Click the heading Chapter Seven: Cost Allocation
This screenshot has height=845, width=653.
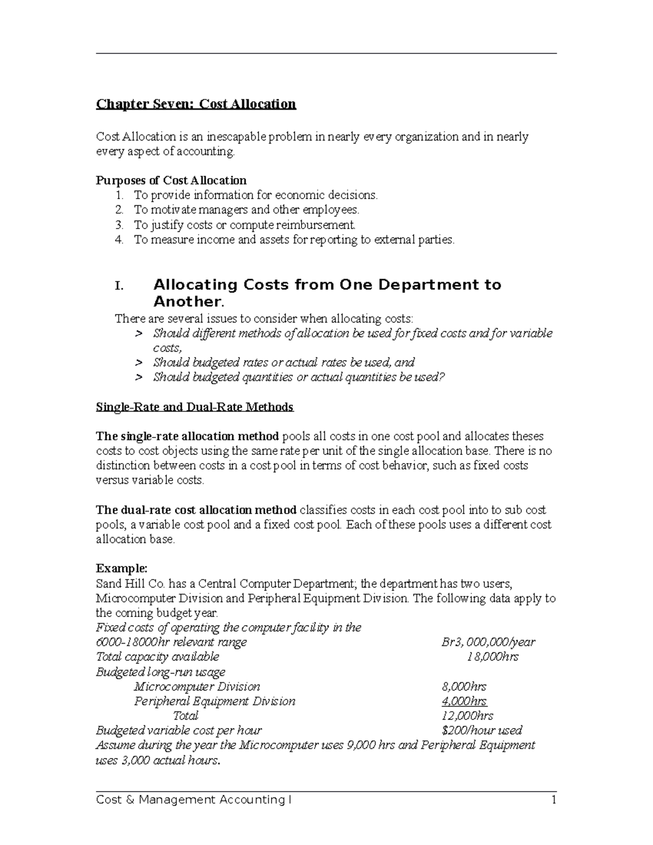[196, 104]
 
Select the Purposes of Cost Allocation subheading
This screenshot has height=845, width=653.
[171, 180]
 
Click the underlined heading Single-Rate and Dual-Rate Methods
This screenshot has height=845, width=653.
[194, 407]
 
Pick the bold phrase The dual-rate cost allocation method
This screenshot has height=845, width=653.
[196, 510]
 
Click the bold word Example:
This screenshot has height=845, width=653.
[121, 569]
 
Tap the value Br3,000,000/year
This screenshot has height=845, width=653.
[488, 642]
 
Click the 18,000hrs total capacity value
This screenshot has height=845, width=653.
[492, 657]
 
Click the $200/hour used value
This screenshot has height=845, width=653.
[482, 730]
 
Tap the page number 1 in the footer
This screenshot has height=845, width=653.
[553, 800]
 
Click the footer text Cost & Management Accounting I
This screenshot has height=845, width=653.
[193, 800]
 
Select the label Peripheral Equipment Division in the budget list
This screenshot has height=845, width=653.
[214, 701]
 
